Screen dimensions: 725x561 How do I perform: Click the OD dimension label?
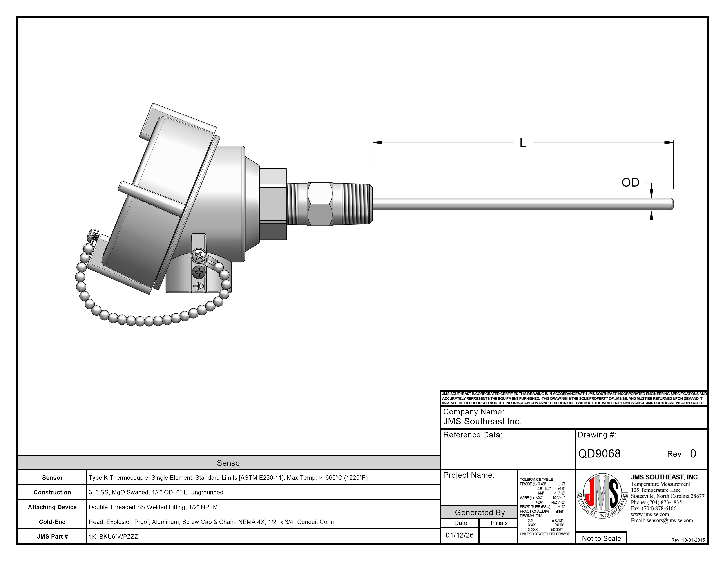630,182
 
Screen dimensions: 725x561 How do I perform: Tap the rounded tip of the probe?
672,204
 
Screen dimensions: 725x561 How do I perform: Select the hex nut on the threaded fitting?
320,204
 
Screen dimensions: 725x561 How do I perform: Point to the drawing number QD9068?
599,454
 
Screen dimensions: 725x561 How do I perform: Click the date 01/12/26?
460,535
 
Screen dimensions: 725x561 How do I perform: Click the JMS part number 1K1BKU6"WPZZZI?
114,536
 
